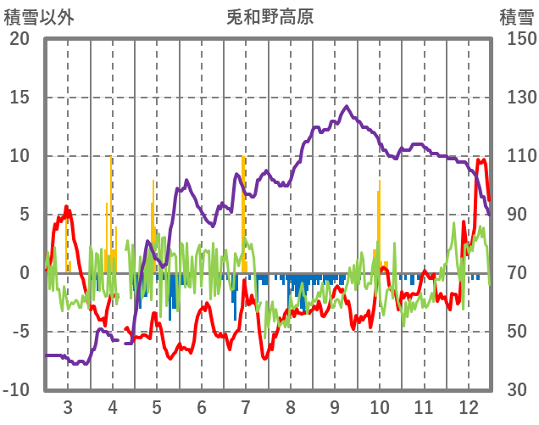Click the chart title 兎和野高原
(269, 16)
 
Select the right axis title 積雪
(516, 16)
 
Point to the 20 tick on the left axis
(19, 39)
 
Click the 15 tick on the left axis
(19, 98)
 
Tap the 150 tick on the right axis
(516, 39)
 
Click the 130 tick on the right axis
(516, 98)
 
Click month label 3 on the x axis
(67, 406)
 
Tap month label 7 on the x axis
(246, 406)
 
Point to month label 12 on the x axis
(469, 406)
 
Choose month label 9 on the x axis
(335, 406)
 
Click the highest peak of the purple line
(347, 107)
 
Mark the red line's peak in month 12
(481, 160)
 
